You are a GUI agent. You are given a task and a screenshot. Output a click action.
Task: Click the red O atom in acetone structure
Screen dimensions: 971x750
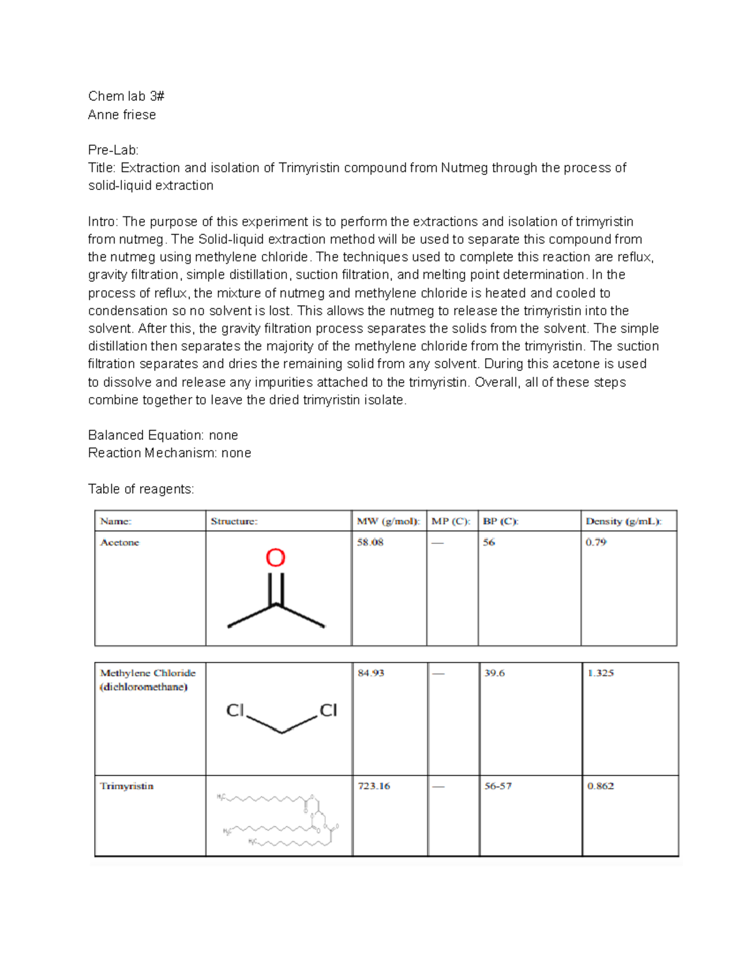coord(276,558)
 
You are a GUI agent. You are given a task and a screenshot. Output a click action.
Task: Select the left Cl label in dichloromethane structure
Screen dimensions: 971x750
coord(235,710)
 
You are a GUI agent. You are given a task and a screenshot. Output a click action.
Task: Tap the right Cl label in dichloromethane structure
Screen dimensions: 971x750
coord(328,710)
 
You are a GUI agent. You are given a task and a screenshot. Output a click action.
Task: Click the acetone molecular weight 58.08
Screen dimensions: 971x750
coord(370,542)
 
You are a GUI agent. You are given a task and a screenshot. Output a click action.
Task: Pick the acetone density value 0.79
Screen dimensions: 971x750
coord(596,542)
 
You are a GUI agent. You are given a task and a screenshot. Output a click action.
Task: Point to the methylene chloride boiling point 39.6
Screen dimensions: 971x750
coord(494,673)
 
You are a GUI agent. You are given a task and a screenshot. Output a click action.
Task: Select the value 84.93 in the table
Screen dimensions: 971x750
coord(371,673)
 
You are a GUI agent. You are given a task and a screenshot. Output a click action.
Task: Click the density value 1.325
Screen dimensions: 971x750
coord(601,673)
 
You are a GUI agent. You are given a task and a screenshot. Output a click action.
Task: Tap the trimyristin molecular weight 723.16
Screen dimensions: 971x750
coord(374,786)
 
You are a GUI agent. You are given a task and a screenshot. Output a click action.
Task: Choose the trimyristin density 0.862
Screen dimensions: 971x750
coord(601,786)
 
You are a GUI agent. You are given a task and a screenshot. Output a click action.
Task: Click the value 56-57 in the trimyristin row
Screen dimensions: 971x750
coord(497,786)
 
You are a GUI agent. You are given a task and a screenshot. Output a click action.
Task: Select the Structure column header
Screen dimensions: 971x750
coord(234,521)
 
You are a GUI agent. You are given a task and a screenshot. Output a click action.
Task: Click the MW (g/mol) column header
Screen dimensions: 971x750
coord(388,521)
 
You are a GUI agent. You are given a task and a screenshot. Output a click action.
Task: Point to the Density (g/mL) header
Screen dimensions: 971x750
coord(623,521)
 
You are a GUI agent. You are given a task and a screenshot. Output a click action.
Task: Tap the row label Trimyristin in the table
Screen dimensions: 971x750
coord(127,786)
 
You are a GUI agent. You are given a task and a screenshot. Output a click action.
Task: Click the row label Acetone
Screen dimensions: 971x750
coord(119,542)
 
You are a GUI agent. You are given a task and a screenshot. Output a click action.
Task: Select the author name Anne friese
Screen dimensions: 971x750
coord(122,114)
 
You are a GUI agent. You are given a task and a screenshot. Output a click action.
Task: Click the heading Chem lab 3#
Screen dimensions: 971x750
coord(126,96)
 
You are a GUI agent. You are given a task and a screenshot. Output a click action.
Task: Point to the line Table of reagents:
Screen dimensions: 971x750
coord(141,489)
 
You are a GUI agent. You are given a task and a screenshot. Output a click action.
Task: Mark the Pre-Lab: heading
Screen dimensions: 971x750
coord(113,150)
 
